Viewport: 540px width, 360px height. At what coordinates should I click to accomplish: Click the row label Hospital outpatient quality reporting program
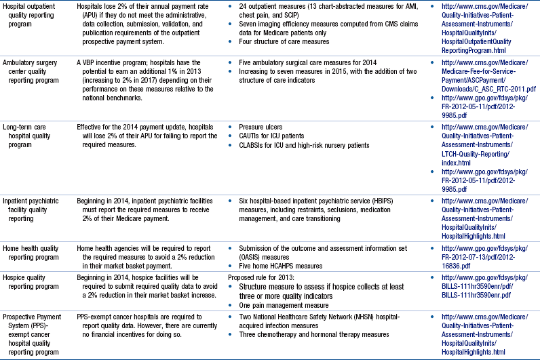coord(32,16)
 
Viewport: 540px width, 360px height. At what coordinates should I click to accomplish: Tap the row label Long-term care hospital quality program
coord(31,136)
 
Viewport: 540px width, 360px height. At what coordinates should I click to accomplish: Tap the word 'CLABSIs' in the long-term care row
coord(252,145)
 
